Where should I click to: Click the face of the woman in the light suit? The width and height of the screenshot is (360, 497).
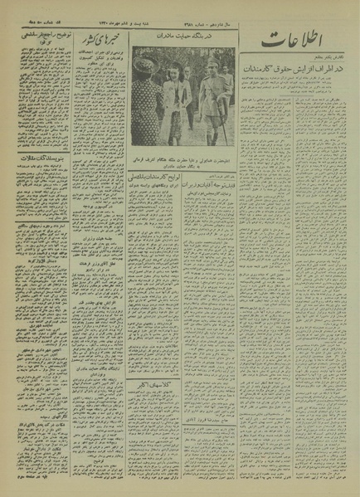[x=179, y=70]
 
